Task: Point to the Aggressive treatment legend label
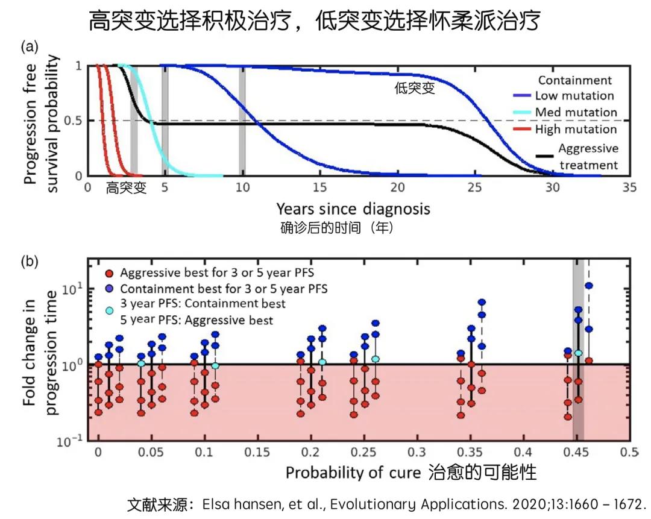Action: [x=588, y=157]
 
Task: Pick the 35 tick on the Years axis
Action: [x=629, y=187]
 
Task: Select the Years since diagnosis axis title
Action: [x=353, y=209]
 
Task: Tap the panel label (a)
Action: [x=30, y=47]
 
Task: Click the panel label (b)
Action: [x=30, y=262]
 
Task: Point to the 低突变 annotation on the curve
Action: [x=415, y=90]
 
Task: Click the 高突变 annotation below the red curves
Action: [x=126, y=187]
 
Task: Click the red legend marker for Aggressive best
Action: [x=109, y=272]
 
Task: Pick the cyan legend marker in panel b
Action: [x=109, y=311]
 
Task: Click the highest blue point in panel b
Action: [x=589, y=286]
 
